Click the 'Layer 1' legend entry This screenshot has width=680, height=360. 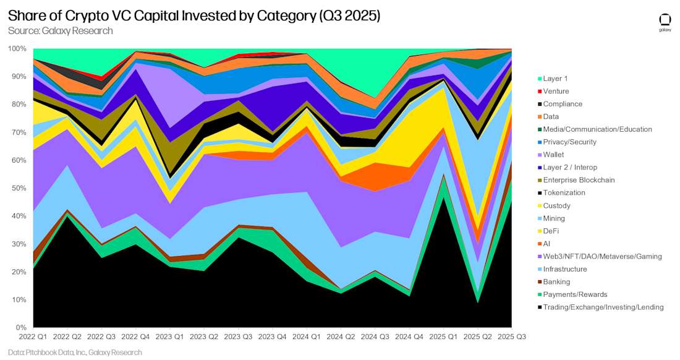tap(555, 79)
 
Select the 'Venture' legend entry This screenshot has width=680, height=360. tap(556, 91)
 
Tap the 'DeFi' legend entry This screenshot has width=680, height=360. tap(552, 231)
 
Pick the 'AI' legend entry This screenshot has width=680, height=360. tap(547, 244)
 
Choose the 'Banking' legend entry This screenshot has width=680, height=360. tap(556, 281)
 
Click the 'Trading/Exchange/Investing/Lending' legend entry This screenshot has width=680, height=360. tap(603, 307)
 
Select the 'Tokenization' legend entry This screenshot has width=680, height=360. tap(563, 192)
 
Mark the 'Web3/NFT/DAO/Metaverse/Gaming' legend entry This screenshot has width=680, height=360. tap(602, 256)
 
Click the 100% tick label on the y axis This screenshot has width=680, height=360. tap(18, 48)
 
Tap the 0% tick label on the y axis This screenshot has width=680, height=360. tap(21, 328)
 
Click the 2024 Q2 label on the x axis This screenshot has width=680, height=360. tap(341, 336)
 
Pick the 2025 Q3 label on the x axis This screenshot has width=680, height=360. tap(511, 336)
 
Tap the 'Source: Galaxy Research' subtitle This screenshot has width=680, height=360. tap(60, 30)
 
